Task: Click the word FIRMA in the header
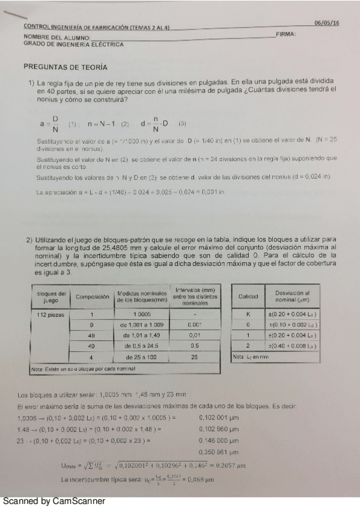286,35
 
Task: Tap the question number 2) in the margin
29,239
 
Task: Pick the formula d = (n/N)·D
154,124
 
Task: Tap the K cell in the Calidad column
248,313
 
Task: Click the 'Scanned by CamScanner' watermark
53,500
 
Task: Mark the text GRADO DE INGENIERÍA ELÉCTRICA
74,44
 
